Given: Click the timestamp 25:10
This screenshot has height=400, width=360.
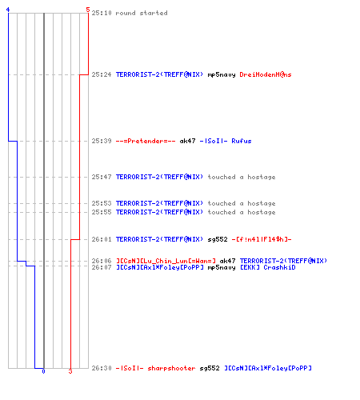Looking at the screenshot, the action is pos(102,13).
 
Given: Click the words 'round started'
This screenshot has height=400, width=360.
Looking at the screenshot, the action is pos(142,13).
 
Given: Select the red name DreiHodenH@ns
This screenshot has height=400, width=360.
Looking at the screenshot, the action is pos(266,74).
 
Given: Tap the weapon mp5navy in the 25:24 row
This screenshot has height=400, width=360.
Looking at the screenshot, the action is pos(222,75).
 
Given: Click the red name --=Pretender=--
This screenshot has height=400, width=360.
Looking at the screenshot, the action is pos(146,141).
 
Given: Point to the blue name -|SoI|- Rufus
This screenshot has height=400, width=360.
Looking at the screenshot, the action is pos(226,141).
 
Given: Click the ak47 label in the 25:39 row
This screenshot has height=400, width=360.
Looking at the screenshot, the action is pos(187,141).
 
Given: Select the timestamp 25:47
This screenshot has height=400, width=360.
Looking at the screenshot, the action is pos(102,177).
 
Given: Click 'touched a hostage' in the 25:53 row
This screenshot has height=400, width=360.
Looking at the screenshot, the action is pos(242,203).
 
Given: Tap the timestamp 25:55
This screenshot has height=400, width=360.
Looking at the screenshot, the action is pos(102,212).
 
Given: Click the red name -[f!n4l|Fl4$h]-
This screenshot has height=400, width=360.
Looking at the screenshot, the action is pos(262,239).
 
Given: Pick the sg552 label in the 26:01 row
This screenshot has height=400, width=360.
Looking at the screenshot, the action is pos(218,240).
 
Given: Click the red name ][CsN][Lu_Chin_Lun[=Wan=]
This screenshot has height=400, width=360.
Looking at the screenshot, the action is pos(166,261).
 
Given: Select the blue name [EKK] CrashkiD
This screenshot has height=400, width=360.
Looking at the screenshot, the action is pos(268,267).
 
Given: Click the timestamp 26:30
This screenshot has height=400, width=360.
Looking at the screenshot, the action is pos(102,368).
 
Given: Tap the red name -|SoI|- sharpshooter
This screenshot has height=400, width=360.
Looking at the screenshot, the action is pos(155,368).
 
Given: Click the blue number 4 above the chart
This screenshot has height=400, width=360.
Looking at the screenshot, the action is pos(8,10).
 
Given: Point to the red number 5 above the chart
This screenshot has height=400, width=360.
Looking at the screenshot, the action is pos(88,10).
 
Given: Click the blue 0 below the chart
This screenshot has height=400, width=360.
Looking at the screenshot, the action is pos(43,371).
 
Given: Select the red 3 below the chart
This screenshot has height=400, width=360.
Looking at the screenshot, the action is pos(70,371).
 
